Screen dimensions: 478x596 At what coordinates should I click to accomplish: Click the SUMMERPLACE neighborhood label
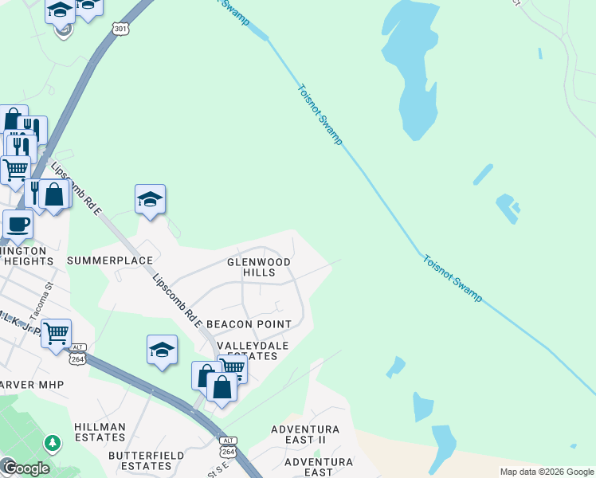110,261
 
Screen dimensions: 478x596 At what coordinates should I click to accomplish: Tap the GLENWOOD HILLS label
259,267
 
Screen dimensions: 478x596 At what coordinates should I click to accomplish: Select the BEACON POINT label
249,324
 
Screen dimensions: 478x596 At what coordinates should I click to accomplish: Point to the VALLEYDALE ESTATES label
248,350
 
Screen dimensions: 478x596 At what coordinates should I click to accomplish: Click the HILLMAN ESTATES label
100,433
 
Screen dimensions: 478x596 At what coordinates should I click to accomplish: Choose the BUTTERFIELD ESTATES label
147,460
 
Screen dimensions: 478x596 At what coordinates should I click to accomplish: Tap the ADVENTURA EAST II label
305,434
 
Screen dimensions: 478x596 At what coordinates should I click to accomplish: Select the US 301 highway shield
120,29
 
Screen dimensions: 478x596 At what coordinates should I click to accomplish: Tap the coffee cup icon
18,224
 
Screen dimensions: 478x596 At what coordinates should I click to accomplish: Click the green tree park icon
53,441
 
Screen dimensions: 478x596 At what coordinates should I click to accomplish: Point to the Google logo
26,468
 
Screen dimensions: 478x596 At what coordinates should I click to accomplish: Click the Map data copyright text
547,472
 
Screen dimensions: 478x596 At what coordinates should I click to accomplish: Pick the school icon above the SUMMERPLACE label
150,199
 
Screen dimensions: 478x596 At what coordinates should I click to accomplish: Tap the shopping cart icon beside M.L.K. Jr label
56,333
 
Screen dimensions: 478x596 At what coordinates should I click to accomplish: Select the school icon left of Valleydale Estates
162,349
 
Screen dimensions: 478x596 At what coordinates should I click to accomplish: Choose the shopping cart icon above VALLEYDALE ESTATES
232,367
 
